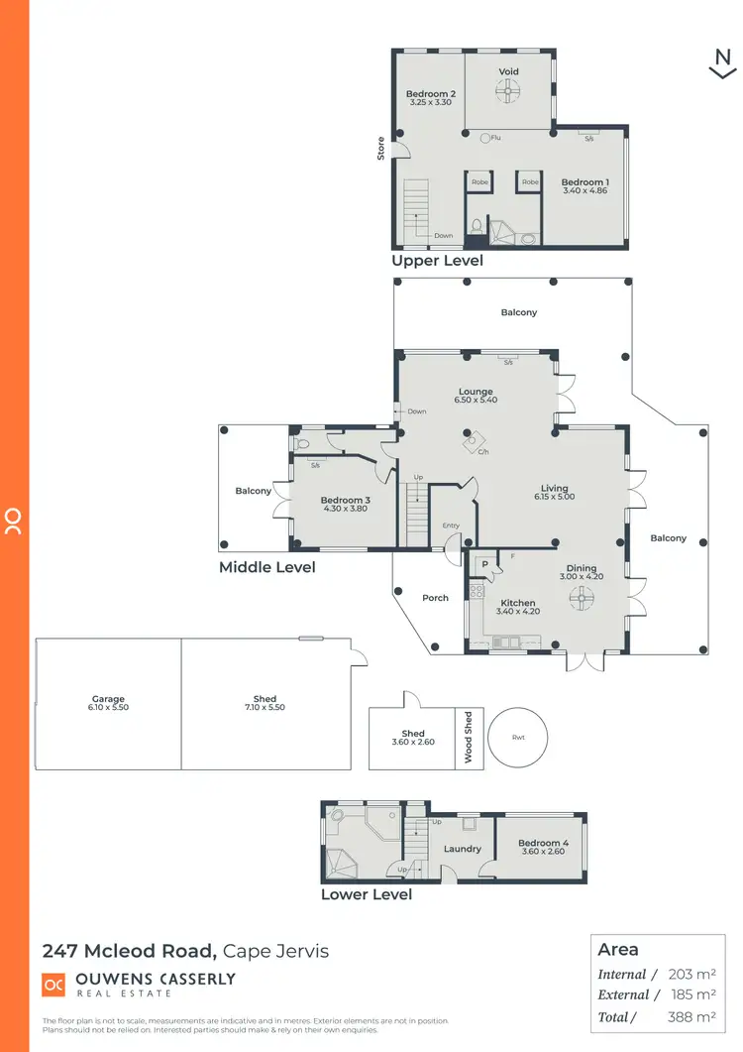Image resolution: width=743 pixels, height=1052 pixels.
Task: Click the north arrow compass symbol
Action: click(723, 63)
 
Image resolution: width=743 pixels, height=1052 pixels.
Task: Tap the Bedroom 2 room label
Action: click(430, 93)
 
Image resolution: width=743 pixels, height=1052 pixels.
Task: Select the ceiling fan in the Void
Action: click(508, 93)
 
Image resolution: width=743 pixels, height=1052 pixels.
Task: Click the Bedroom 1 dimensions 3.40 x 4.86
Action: click(584, 190)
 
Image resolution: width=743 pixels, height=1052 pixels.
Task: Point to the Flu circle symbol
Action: click(485, 139)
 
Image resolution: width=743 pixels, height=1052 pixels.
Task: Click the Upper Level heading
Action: click(437, 261)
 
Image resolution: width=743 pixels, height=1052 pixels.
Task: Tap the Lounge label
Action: click(476, 392)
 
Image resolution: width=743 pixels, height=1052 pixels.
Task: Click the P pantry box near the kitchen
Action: click(484, 565)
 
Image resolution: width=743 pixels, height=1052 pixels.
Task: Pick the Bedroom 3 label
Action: click(345, 501)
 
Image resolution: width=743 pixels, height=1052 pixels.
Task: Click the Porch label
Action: click(435, 598)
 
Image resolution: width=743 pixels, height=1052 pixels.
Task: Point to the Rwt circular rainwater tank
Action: click(518, 738)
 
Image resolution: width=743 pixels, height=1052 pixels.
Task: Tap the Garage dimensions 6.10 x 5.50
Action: click(109, 708)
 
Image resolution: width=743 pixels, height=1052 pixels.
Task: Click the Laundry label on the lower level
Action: click(463, 849)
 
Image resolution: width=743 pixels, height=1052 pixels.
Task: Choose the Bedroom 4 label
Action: click(542, 844)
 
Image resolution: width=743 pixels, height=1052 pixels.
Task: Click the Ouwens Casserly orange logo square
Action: click(53, 984)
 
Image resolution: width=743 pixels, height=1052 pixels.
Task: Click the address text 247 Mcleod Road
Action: click(129, 951)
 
